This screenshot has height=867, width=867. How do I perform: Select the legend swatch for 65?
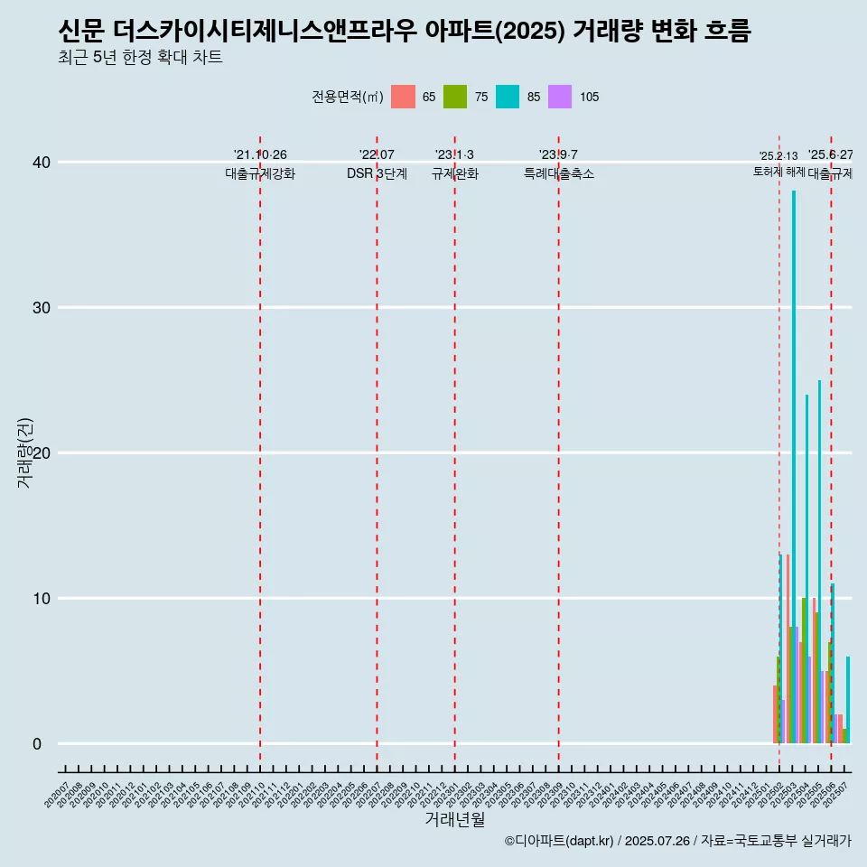tap(403, 97)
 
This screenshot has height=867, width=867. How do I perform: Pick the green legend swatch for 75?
tap(455, 97)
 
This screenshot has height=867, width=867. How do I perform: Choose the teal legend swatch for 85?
tap(508, 97)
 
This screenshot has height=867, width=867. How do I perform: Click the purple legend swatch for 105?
tap(560, 97)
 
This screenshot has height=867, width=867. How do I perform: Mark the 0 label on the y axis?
tap(37, 744)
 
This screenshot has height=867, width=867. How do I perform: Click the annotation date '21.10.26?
tap(260, 155)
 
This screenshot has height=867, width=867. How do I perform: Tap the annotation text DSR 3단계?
tap(377, 174)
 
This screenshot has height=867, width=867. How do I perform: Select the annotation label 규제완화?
tap(454, 174)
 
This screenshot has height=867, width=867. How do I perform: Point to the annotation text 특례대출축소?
tap(559, 174)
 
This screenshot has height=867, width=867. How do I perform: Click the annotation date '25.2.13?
tap(778, 156)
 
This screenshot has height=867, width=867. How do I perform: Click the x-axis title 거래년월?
tap(455, 820)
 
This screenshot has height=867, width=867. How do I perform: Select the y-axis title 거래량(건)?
tap(25, 452)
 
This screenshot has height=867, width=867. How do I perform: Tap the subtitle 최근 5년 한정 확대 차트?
tap(140, 58)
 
